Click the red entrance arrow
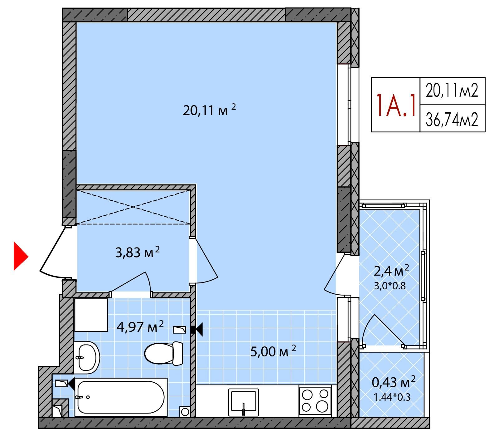(x=21, y=256)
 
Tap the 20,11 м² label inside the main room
(x=209, y=110)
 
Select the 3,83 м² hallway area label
(x=138, y=252)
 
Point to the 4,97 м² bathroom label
(x=140, y=327)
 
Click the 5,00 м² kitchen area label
(x=273, y=351)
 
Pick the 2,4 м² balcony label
(x=391, y=271)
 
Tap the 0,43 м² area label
(x=394, y=381)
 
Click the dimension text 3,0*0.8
(x=390, y=286)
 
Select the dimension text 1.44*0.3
(x=392, y=397)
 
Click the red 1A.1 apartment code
(x=396, y=105)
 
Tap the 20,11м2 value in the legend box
(x=452, y=91)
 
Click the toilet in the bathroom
(x=164, y=353)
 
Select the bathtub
(x=121, y=397)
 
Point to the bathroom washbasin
(x=87, y=357)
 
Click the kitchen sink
(x=244, y=402)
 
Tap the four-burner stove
(x=315, y=401)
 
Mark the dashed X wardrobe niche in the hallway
(x=133, y=207)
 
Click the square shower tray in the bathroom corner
(x=91, y=315)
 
